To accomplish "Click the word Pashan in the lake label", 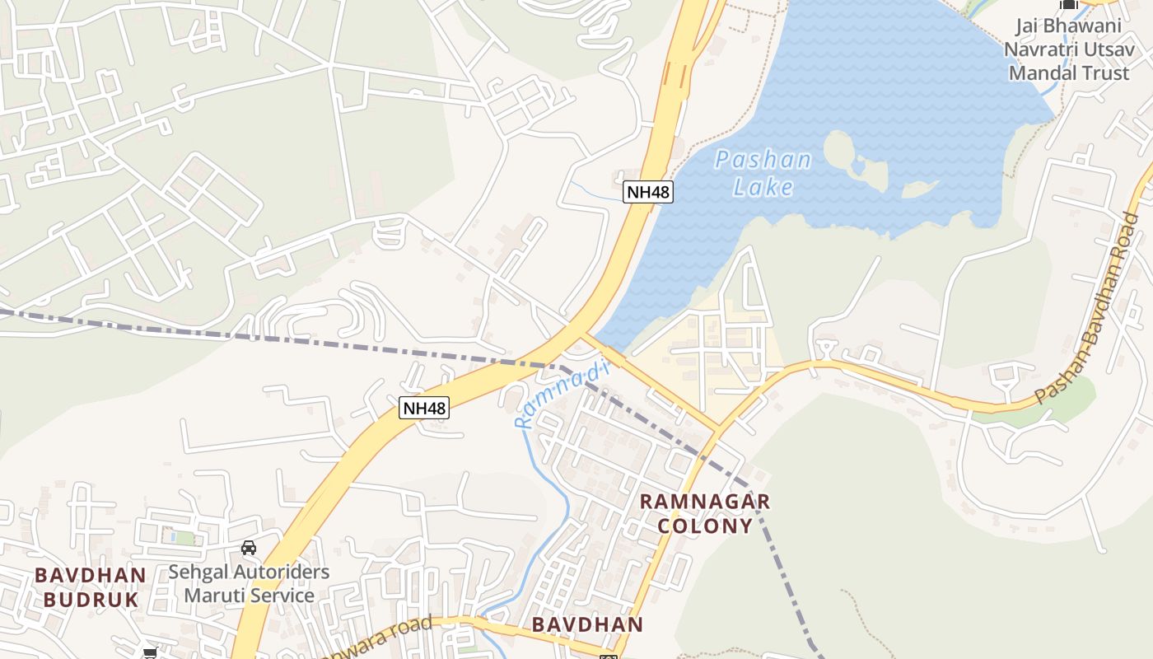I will point(763,160).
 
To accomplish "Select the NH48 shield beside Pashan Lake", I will point(648,192).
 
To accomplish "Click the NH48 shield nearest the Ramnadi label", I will point(424,407).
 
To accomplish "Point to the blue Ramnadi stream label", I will point(560,397).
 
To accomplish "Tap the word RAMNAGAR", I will point(705,502).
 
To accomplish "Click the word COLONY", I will point(705,526).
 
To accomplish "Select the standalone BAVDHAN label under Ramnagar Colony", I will point(587,624).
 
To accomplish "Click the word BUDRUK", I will point(91,599).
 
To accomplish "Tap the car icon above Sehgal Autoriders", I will point(248,548).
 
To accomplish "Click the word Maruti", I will point(216,595).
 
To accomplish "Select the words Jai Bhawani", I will point(1068,26).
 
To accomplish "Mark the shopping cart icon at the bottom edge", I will point(150,653).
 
